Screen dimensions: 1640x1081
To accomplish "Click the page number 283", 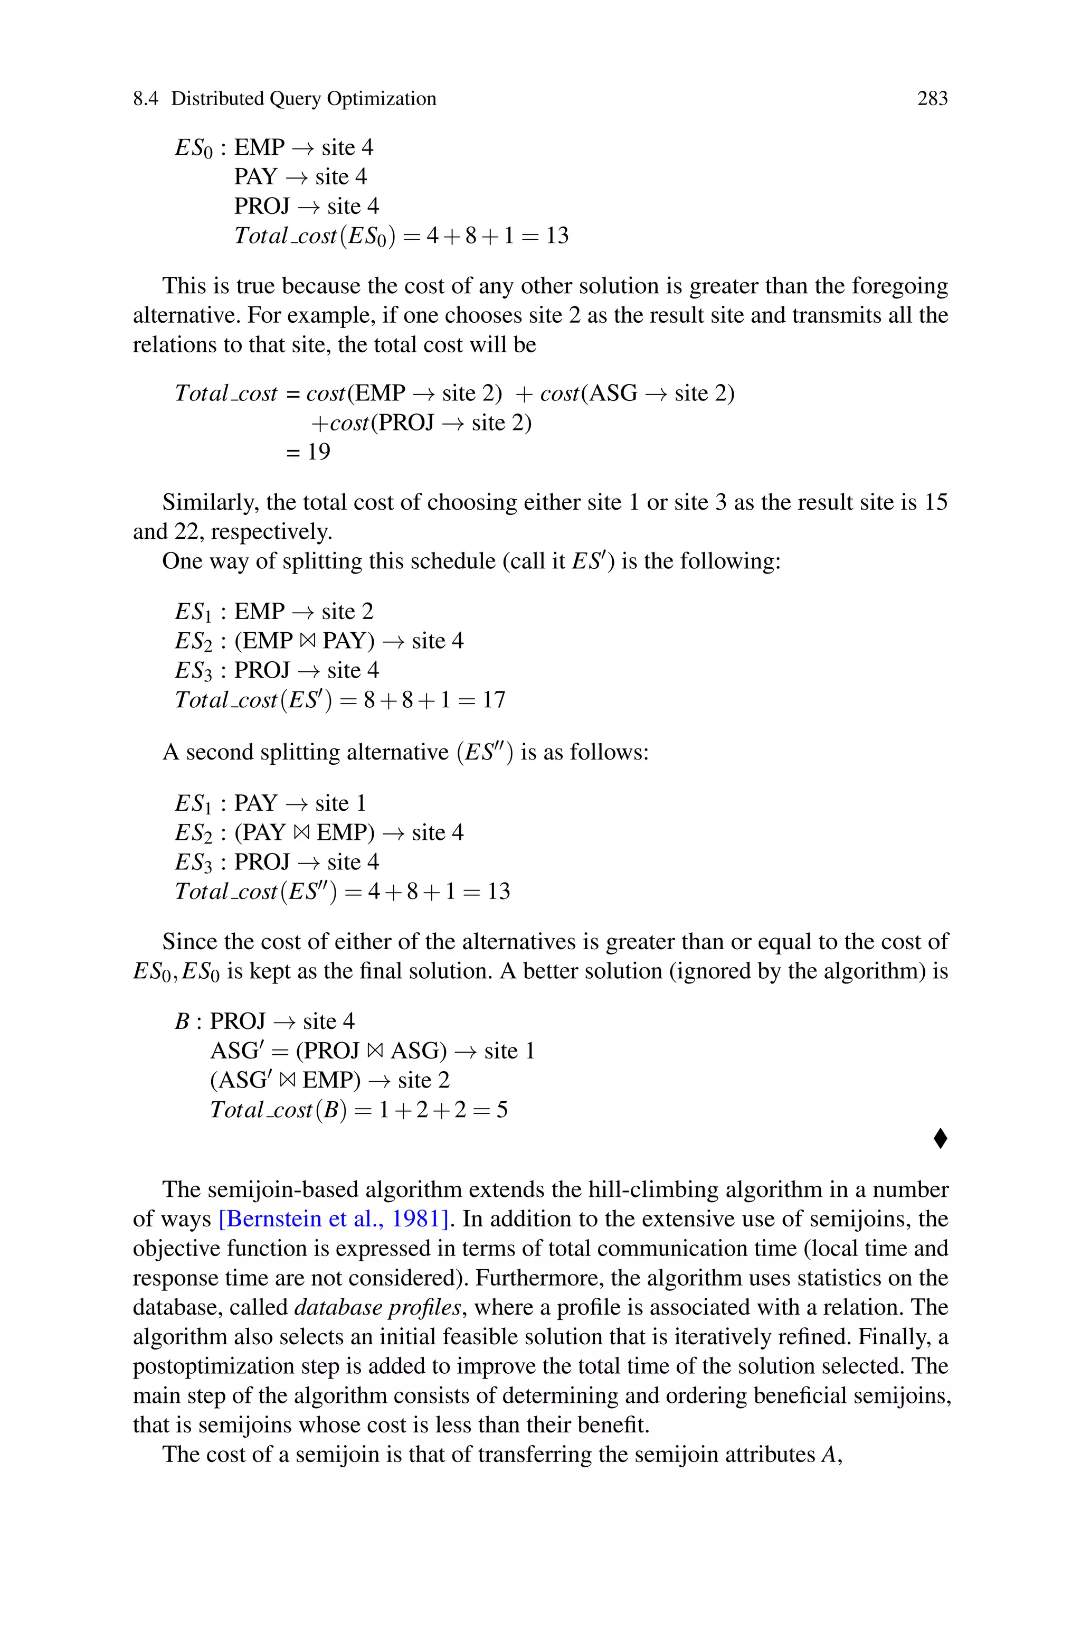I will [932, 99].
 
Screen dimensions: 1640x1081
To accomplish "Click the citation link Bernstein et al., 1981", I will [334, 1219].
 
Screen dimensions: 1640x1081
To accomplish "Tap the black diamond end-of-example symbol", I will [940, 1139].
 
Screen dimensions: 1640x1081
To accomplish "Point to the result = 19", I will [308, 452].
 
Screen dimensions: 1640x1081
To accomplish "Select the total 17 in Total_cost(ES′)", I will [494, 700].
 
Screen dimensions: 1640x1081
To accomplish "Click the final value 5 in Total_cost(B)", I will [501, 1110].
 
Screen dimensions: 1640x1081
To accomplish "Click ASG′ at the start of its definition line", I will [233, 1051].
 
